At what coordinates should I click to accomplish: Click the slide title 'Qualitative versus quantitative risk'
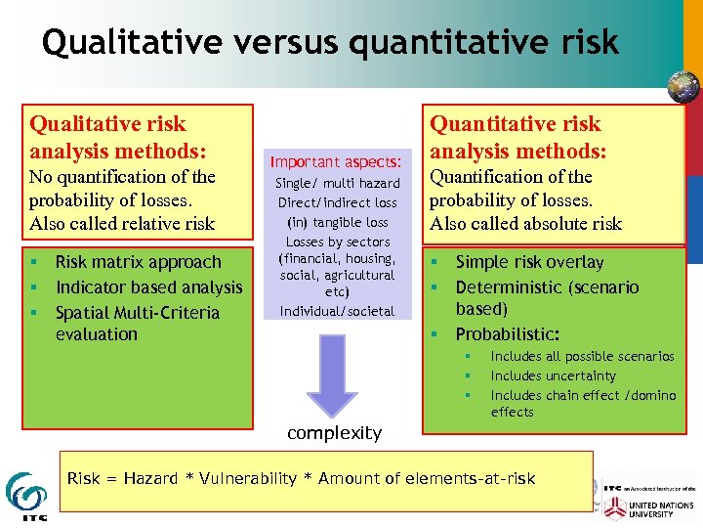pyautogui.click(x=330, y=42)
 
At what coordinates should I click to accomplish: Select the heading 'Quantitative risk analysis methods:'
pyautogui.click(x=517, y=137)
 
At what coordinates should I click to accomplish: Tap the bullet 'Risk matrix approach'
pyautogui.click(x=138, y=262)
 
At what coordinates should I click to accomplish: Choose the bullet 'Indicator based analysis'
pyautogui.click(x=148, y=287)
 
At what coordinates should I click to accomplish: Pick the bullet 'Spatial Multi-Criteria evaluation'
pyautogui.click(x=137, y=323)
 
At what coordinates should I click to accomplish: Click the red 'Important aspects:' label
pyautogui.click(x=336, y=161)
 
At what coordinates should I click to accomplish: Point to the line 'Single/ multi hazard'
pyautogui.click(x=337, y=183)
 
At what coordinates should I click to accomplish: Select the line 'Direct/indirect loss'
pyautogui.click(x=337, y=202)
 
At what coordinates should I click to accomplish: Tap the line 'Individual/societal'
pyautogui.click(x=337, y=311)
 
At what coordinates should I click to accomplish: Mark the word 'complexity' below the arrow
pyautogui.click(x=334, y=432)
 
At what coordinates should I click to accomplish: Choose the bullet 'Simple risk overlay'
pyautogui.click(x=529, y=262)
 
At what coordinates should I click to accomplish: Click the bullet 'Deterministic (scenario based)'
pyautogui.click(x=547, y=297)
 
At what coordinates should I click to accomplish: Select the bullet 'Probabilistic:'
pyautogui.click(x=507, y=334)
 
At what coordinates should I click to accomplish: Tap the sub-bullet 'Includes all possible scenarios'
pyautogui.click(x=582, y=357)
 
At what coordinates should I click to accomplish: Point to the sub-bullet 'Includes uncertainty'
pyautogui.click(x=553, y=375)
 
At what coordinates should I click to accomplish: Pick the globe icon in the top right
pyautogui.click(x=682, y=87)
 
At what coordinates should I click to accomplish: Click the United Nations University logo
pyautogui.click(x=650, y=507)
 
